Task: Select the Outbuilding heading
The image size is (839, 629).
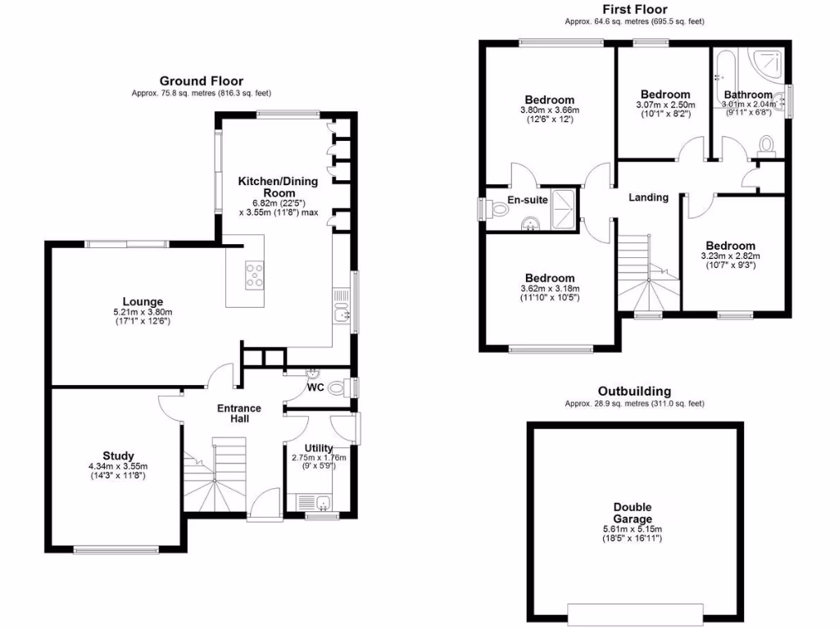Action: (634, 391)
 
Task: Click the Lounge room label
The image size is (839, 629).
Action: (143, 301)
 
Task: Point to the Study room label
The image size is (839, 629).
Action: (118, 455)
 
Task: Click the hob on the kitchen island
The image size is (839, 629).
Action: (254, 274)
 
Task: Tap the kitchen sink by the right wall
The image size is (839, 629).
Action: (343, 311)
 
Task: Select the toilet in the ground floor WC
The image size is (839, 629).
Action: (337, 390)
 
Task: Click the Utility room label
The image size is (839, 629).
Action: (319, 447)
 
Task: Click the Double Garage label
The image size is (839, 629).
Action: (633, 513)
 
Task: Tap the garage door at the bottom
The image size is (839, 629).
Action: (634, 613)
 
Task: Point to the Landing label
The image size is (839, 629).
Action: (648, 197)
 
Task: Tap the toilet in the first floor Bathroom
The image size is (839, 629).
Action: (768, 145)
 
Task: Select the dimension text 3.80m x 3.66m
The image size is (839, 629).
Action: (549, 111)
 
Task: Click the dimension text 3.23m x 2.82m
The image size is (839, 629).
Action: (731, 256)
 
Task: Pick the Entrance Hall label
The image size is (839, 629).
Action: (238, 413)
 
